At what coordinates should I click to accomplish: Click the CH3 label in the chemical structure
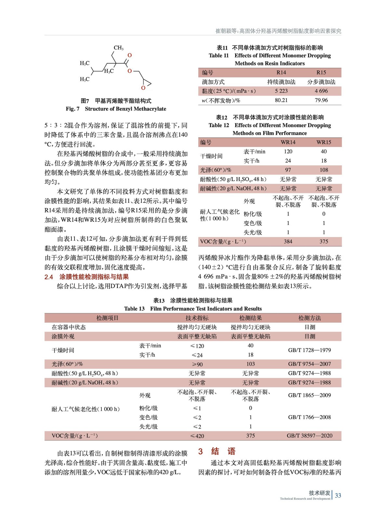coord(118,48)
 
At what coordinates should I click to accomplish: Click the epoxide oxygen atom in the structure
coord(143,88)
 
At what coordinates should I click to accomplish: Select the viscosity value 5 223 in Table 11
coord(281,91)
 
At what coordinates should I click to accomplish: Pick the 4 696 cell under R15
coord(321,91)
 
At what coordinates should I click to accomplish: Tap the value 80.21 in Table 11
coord(281,100)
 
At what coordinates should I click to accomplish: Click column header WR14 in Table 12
coord(288,142)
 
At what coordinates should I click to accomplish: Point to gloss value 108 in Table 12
coord(324,170)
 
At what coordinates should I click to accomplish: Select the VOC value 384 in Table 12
coord(288,241)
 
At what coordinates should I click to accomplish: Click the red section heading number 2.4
coord(49,277)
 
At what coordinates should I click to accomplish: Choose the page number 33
coord(338,495)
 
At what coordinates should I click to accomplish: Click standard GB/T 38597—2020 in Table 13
coord(309,435)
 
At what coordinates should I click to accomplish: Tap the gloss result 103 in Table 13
coord(250,364)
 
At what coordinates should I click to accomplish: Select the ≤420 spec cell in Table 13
coord(197,436)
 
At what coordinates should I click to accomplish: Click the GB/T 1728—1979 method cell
coord(309,350)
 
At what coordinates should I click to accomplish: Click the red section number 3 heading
coord(201,451)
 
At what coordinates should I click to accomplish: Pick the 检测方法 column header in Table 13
coord(309,318)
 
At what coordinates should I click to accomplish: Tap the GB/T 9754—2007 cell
coord(309,364)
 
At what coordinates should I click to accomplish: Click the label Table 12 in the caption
coord(219,125)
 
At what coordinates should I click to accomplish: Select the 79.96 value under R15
coord(321,100)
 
